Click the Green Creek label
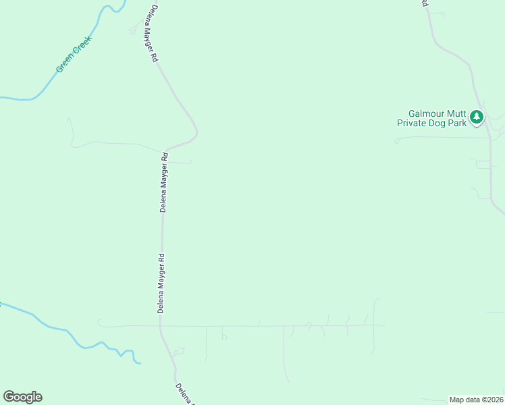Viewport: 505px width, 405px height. (x=74, y=55)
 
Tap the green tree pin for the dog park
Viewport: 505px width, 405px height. (x=477, y=117)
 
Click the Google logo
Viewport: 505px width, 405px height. (x=22, y=397)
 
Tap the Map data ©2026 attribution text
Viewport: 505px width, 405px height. (x=476, y=399)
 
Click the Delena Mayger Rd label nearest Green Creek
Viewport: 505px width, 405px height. (x=151, y=34)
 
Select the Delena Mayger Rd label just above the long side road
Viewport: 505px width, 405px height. (x=161, y=283)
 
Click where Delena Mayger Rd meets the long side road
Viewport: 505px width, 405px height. (x=161, y=326)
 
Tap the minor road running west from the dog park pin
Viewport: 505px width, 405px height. (x=439, y=138)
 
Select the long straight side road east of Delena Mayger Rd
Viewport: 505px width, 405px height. (x=270, y=326)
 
